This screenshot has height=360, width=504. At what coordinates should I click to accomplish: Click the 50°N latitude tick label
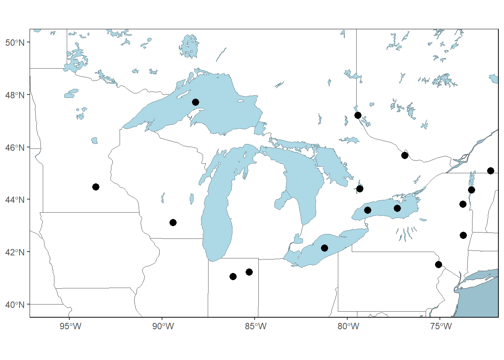15,42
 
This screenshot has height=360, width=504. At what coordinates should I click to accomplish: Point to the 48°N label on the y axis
15,95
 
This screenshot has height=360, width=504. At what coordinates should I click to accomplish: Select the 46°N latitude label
15,148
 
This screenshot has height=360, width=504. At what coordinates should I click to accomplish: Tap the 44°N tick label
15,200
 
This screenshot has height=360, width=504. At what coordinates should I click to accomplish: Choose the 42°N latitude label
15,252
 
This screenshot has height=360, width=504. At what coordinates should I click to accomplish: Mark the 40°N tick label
15,305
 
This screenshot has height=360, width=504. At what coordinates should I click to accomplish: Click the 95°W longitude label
70,326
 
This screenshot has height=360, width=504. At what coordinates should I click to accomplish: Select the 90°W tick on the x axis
163,326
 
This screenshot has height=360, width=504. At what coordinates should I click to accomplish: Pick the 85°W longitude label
255,326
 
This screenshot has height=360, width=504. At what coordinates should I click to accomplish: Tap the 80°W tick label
348,326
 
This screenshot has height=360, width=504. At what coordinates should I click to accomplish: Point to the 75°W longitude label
441,326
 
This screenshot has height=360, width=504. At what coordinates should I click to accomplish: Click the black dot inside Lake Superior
195,102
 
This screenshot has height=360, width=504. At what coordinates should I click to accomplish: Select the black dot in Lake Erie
324,248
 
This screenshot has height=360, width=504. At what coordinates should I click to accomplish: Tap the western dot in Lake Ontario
367,210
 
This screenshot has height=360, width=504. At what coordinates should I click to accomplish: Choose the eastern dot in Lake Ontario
397,208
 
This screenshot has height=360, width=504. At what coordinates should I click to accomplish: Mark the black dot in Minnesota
96,187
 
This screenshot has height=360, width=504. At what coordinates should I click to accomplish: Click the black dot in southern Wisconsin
173,223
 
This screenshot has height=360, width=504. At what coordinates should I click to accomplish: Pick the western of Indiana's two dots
233,277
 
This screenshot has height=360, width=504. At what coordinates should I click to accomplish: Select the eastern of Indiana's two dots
249,272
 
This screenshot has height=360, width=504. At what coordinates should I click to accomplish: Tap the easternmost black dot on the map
490,171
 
